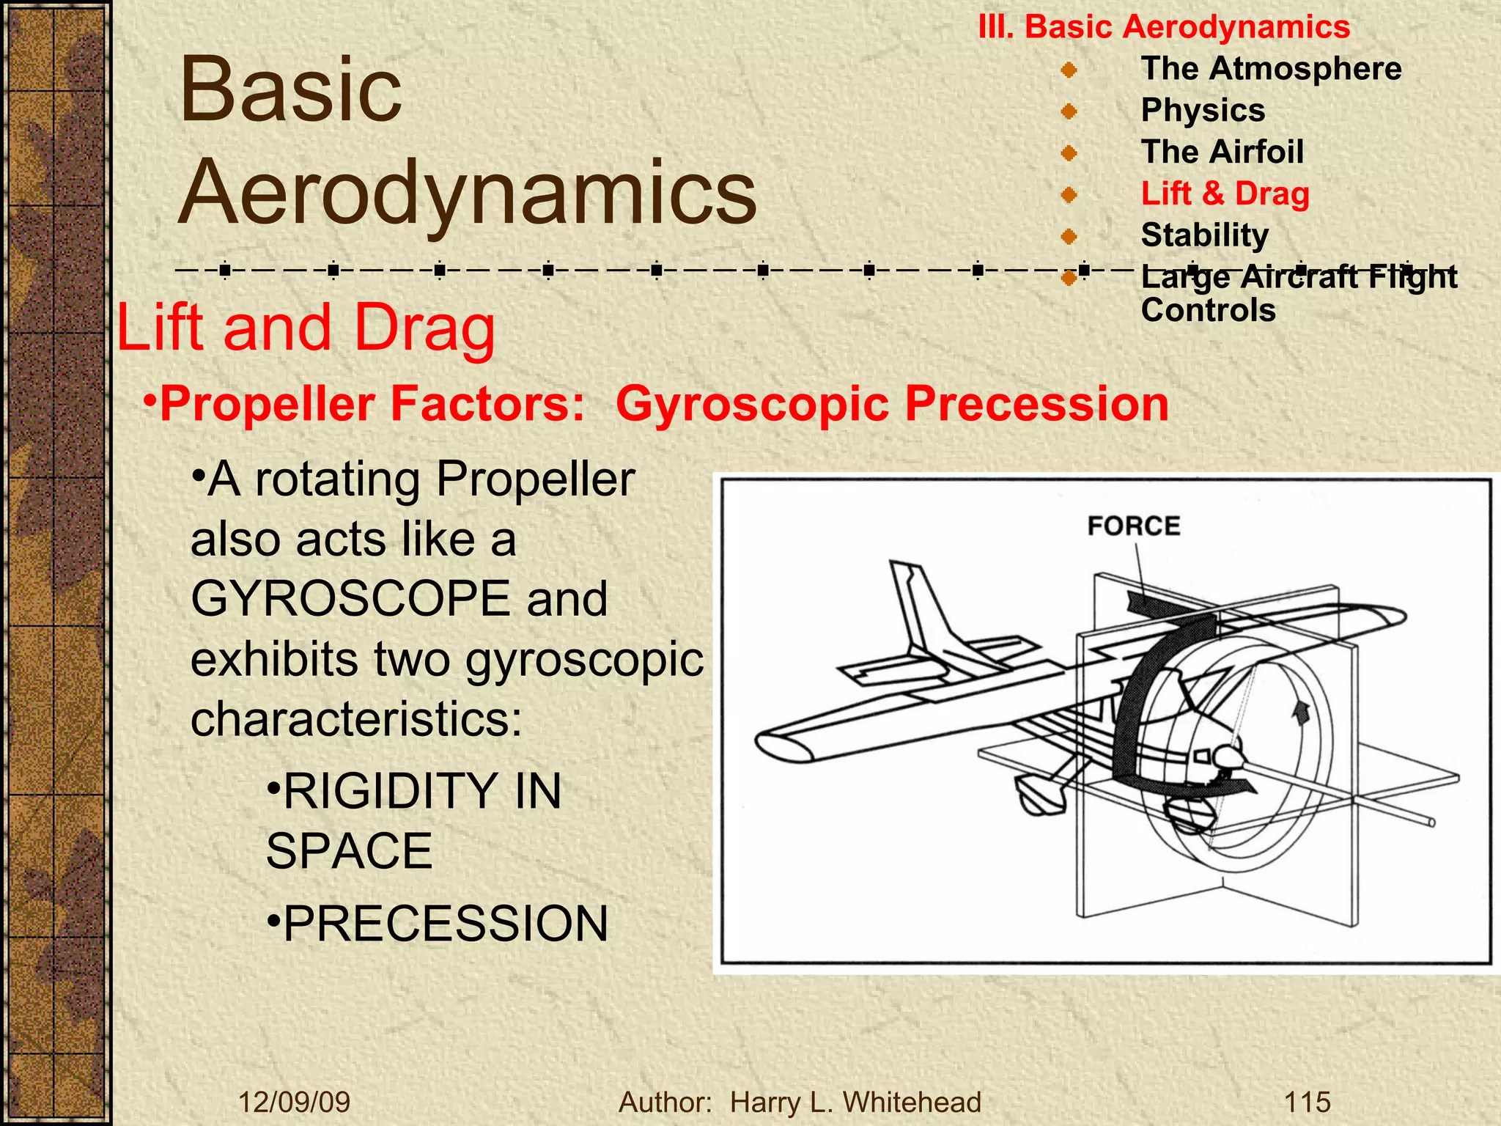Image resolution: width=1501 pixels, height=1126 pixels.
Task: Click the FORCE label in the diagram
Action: pos(1133,526)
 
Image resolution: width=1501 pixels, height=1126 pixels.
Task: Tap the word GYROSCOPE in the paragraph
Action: pos(350,599)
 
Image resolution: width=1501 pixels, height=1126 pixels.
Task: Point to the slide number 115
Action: pos(1307,1102)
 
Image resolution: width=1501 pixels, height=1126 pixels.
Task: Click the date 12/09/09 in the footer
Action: pos(295,1102)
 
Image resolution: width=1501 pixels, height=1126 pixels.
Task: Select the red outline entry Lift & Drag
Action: pos(1225,194)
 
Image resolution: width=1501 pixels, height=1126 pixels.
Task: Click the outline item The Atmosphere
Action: pos(1271,69)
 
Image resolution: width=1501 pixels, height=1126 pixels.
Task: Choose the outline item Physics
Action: pos(1203,111)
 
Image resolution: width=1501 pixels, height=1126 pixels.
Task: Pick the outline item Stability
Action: pos(1204,235)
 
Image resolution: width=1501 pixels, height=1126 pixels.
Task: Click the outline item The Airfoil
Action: pos(1222,152)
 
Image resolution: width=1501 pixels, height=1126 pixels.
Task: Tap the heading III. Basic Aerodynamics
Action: pos(1164,27)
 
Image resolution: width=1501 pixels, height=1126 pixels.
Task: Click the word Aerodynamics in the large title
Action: pos(467,192)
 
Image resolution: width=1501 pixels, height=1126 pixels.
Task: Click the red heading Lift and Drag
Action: pos(306,328)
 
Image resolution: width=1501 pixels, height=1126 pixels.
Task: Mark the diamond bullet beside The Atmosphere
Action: pos(1069,70)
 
